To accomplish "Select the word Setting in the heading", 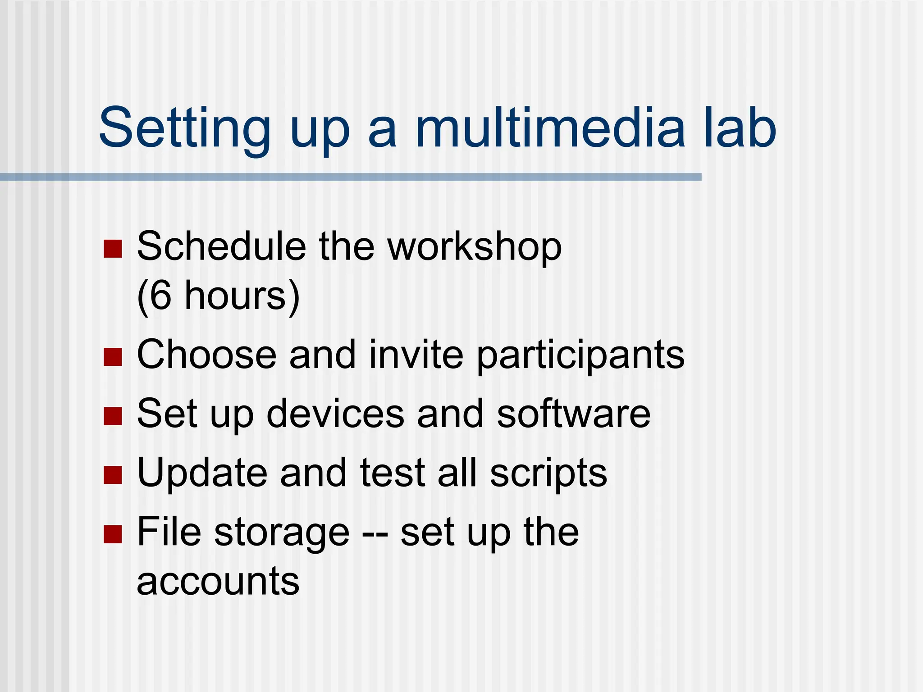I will tap(184, 128).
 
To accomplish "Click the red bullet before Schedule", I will tap(113, 249).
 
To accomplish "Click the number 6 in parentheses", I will tap(160, 296).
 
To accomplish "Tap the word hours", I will tap(235, 296).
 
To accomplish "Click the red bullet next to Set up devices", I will tap(113, 416).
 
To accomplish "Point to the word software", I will tap(573, 414).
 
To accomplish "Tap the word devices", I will tap(335, 414).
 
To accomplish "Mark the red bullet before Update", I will tap(113, 475).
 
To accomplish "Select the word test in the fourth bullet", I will tap(393, 473).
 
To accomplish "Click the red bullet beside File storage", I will tap(113, 534).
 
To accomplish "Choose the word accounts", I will tap(218, 582).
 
